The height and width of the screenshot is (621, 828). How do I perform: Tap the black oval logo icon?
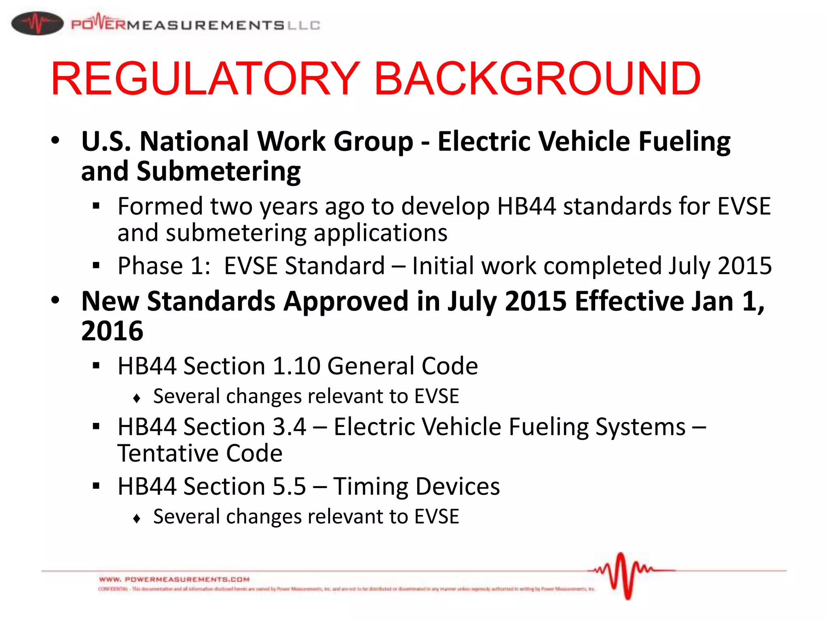tap(37, 23)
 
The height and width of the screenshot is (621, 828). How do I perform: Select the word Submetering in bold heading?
tap(219, 171)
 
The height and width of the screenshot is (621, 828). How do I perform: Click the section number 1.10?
tap(296, 366)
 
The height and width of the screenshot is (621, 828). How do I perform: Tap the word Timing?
tap(370, 487)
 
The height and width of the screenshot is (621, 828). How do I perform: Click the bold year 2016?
tap(112, 331)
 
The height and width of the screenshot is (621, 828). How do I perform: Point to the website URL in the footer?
tap(174, 579)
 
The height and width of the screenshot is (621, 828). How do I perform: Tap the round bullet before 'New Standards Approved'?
tap(55, 300)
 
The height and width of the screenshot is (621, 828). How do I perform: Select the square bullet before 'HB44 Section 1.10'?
tap(96, 366)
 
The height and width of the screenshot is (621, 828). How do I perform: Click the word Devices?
tap(458, 486)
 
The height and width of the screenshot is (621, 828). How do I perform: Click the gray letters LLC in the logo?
tap(304, 25)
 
